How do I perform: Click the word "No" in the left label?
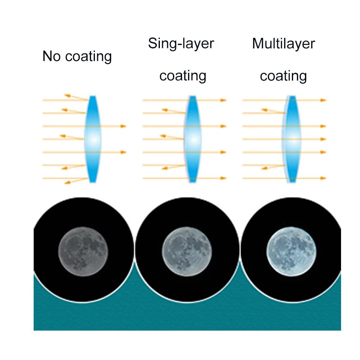52,56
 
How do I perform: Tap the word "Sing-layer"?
181,43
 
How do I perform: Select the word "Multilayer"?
283,43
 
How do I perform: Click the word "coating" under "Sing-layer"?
183,75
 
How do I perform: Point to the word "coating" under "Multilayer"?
283,75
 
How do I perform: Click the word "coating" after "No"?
89,57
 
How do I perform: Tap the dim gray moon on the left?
83,251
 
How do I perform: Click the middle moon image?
187,251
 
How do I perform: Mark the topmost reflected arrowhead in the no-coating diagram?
67,95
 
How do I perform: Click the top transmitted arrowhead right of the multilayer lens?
324,100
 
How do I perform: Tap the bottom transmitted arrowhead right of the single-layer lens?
223,178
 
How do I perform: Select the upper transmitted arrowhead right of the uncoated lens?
123,126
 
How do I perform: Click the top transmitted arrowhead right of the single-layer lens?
223,100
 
